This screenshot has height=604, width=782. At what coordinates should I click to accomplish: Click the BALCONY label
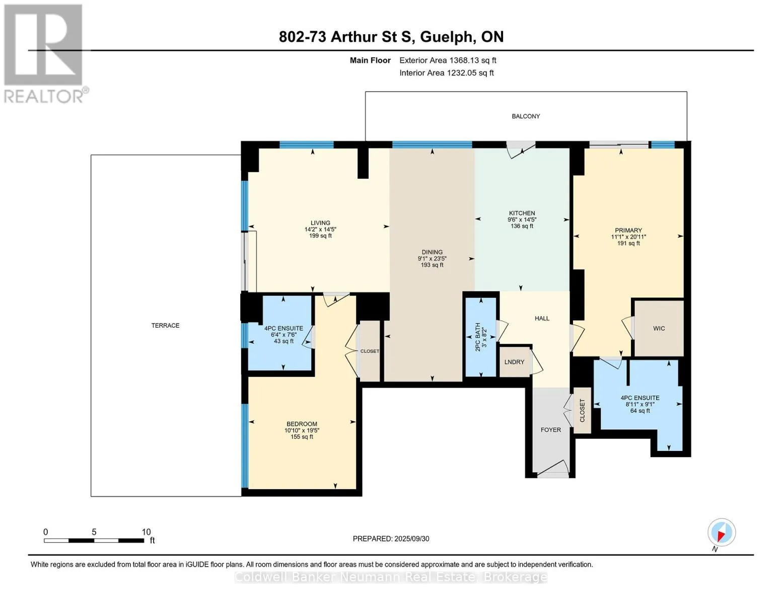tap(526, 116)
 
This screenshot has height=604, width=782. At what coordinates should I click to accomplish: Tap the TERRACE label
tap(165, 326)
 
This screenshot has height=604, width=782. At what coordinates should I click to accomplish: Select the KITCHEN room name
tap(522, 213)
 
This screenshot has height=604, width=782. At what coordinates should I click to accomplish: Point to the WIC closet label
tap(659, 329)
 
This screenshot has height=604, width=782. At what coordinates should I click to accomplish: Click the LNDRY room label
tap(514, 362)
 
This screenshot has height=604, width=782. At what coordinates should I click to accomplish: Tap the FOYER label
tap(550, 430)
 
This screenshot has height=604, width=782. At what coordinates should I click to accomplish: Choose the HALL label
tap(542, 319)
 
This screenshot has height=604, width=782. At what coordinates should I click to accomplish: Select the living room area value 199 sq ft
tap(320, 236)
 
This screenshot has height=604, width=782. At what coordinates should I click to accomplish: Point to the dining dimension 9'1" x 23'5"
tap(432, 259)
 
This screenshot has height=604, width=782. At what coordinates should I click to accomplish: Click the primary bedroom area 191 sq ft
tap(628, 244)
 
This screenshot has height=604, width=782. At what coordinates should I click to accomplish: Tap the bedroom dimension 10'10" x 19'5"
tap(302, 431)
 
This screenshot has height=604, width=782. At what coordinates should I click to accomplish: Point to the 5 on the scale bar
tap(94, 532)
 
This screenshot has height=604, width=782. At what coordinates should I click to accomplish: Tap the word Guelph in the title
tap(447, 37)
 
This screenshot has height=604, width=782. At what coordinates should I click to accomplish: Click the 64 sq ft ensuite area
tap(640, 411)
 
